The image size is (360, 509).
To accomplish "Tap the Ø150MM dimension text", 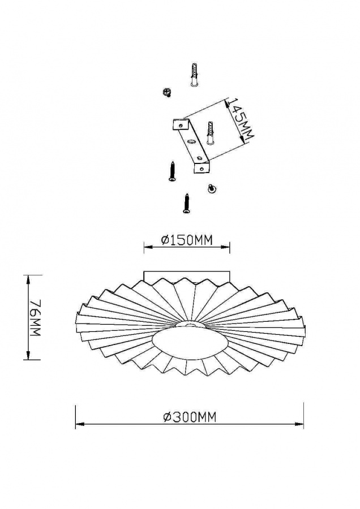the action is point(187,240).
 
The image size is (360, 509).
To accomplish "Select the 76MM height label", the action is point(35,318).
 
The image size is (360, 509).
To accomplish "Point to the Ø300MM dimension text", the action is point(190,417).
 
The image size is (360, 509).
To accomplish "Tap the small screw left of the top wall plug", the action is point(167,92).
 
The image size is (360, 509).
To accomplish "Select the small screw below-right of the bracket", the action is point(212,188).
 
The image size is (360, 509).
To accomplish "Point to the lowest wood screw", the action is point(186,203).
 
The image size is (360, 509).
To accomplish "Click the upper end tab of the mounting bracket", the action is point(181,124).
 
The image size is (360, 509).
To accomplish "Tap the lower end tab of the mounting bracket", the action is point(202,168).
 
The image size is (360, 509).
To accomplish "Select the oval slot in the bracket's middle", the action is point(192,141).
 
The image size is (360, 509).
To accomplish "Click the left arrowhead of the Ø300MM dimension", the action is point(80,424).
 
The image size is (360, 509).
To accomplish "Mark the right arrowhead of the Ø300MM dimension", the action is point(299,424).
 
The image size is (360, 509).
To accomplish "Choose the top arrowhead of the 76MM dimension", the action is point(29,279).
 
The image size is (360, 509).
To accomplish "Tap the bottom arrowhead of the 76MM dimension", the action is point(29,355).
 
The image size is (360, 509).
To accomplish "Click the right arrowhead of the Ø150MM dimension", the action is point(225,247).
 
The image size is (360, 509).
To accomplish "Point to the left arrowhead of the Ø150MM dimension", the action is point(148,247).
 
